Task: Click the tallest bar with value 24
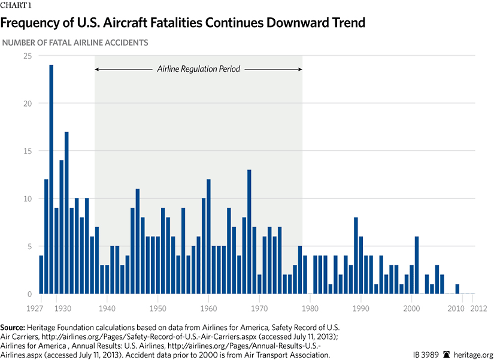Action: [51, 179]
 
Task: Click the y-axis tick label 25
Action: [28, 56]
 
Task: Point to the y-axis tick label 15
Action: [28, 151]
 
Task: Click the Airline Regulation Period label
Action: [198, 69]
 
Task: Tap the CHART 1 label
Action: [16, 6]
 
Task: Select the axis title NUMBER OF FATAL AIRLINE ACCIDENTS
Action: [75, 43]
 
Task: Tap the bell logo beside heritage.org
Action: [446, 355]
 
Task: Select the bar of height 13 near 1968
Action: [249, 232]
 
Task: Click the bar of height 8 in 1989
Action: [356, 256]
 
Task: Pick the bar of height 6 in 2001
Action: [417, 265]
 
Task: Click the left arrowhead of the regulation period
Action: [97, 69]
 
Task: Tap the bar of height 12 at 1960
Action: [208, 237]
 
